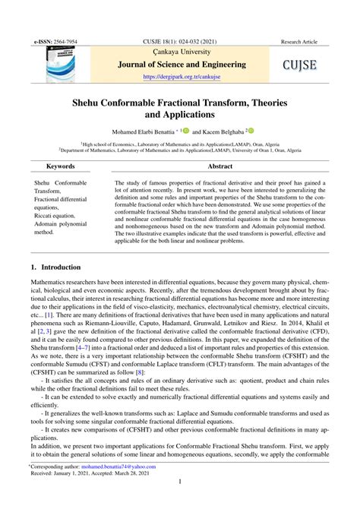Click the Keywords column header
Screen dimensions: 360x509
coord(60,165)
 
